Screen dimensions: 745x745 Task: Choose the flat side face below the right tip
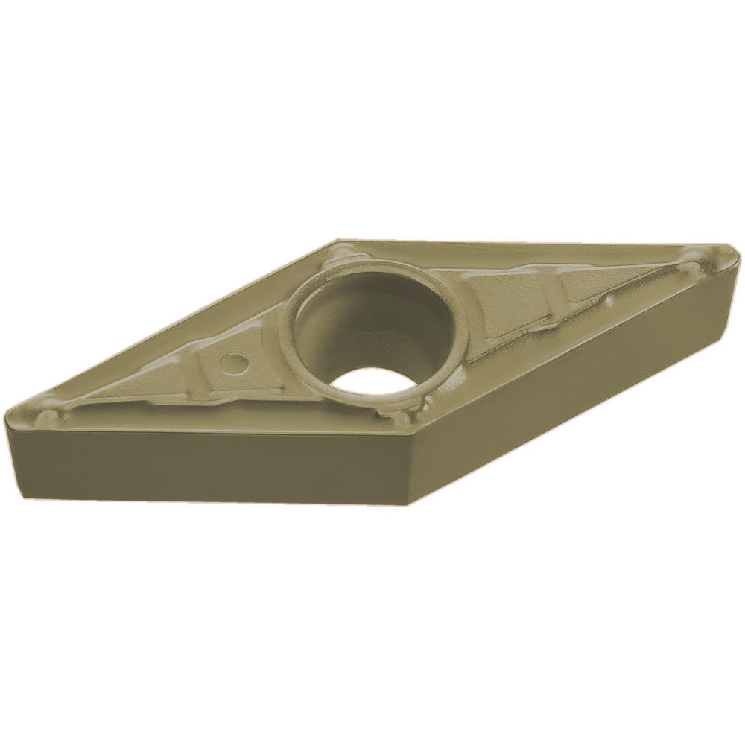[x=581, y=372]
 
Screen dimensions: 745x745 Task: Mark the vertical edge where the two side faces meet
[x=408, y=469]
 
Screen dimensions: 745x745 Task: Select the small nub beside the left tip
[x=46, y=413]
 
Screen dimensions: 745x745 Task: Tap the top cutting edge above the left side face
[x=209, y=431]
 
